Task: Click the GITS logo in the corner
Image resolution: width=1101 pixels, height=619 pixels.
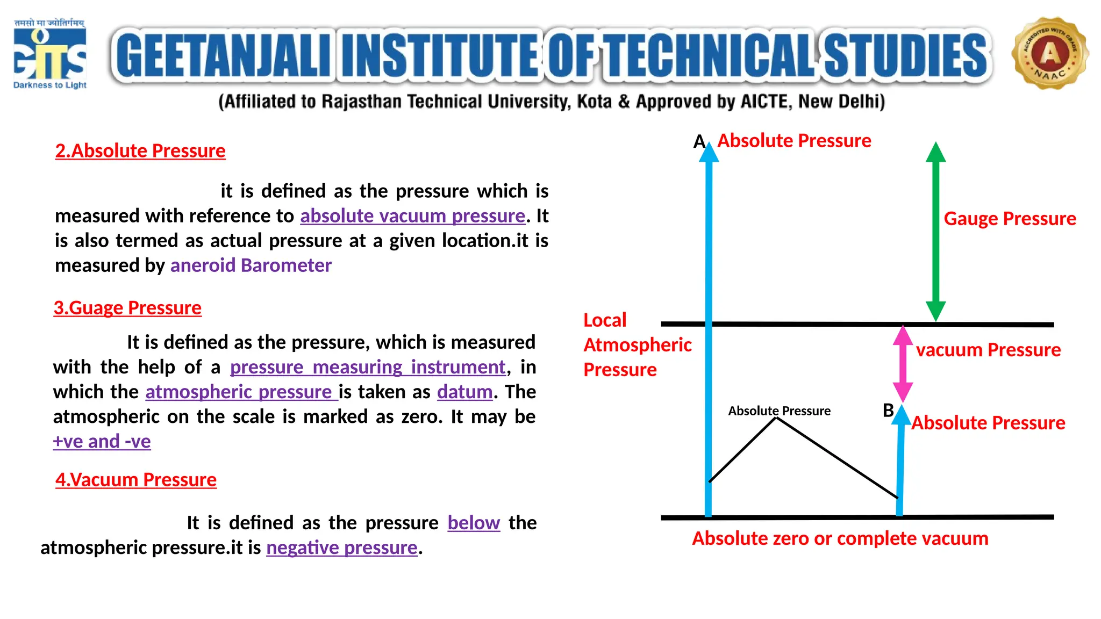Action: [49, 54]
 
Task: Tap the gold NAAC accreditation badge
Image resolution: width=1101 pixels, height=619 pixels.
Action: [1049, 53]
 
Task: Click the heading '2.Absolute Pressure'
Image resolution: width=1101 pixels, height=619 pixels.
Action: [140, 151]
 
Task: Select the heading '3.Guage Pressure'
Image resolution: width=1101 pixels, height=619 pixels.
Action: [127, 308]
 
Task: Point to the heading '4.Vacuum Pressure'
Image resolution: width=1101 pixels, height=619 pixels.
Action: [136, 480]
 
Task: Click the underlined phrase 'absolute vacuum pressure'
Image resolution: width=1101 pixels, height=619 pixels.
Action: [412, 216]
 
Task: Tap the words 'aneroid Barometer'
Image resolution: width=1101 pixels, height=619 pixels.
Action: [251, 265]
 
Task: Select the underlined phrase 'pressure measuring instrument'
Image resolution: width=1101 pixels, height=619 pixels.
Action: [368, 367]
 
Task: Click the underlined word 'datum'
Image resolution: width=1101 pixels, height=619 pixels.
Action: [464, 392]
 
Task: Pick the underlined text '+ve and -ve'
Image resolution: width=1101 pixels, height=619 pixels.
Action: [102, 441]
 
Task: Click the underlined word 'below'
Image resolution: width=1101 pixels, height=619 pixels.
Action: [474, 523]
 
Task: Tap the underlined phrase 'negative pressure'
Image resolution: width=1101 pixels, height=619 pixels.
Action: [342, 548]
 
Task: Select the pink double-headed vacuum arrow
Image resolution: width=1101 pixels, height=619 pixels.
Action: [903, 364]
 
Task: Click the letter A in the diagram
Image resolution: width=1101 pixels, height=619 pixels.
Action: [699, 141]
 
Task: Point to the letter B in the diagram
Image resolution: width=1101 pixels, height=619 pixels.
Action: [888, 411]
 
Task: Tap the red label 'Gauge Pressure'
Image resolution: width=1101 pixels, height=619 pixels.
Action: [1010, 219]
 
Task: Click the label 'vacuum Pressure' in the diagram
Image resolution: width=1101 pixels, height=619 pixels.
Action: [988, 350]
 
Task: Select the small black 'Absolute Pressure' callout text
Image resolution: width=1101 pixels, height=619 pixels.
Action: [779, 411]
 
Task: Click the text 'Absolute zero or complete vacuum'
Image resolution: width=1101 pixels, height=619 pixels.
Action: [840, 538]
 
